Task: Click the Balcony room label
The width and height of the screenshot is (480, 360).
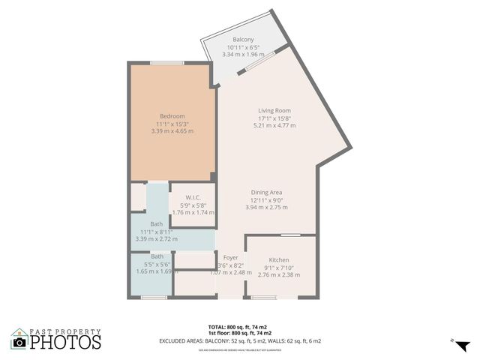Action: (243, 39)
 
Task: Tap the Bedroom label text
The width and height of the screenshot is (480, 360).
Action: (172, 116)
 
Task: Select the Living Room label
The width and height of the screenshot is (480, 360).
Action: (274, 110)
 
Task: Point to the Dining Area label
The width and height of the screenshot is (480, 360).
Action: (265, 193)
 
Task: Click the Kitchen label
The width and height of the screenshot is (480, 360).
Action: (279, 260)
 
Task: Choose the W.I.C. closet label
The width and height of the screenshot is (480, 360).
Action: (193, 197)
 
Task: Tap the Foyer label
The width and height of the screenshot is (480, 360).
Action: (230, 257)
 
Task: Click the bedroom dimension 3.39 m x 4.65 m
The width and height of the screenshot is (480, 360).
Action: (172, 131)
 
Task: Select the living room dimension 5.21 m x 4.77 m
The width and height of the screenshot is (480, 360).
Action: (274, 125)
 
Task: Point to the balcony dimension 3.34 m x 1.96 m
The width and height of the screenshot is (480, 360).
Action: (243, 54)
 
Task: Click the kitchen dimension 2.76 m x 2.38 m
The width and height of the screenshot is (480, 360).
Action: (279, 275)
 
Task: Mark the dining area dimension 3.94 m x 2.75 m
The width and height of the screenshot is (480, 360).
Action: (265, 208)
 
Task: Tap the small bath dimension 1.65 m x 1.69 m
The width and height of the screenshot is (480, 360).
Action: (153, 271)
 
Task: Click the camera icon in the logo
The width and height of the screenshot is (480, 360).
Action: (19, 342)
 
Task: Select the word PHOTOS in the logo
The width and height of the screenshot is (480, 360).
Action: (66, 343)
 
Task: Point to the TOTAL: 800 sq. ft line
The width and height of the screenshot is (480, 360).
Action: (239, 327)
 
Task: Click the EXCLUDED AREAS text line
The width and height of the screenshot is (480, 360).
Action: (239, 340)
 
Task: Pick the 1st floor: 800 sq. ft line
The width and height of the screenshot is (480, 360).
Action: (239, 333)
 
